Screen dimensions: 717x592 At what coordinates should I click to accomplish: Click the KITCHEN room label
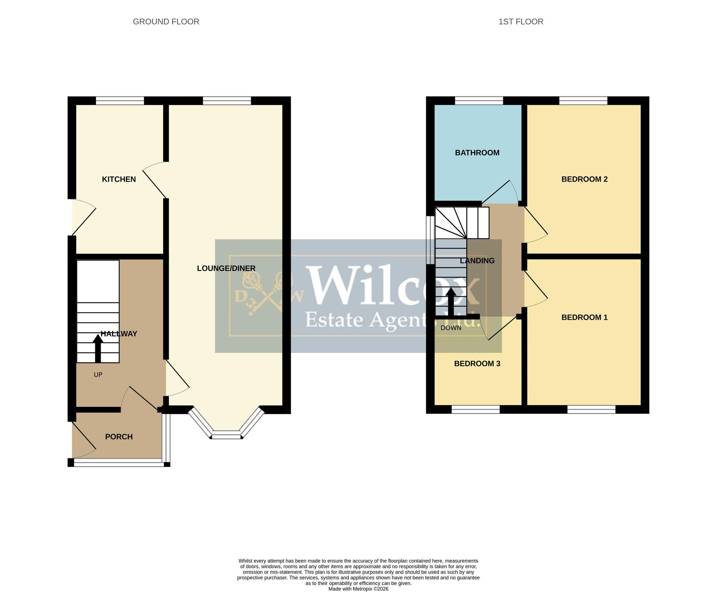pyautogui.click(x=119, y=179)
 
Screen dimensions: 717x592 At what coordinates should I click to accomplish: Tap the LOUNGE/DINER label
pyautogui.click(x=226, y=268)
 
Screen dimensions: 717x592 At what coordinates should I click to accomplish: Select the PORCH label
pyautogui.click(x=119, y=437)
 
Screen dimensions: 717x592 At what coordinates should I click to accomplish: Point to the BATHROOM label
pyautogui.click(x=477, y=153)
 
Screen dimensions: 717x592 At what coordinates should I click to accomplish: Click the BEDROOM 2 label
pyautogui.click(x=584, y=179)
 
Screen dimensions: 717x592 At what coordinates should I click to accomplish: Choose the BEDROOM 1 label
pyautogui.click(x=584, y=318)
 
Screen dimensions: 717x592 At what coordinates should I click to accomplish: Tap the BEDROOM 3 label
pyautogui.click(x=477, y=364)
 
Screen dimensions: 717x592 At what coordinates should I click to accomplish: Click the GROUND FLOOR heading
pyautogui.click(x=166, y=22)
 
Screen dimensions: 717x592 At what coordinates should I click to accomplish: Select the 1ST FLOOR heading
pyautogui.click(x=521, y=22)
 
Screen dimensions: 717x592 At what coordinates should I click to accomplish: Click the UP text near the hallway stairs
pyautogui.click(x=98, y=375)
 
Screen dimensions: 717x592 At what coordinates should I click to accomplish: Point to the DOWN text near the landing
pyautogui.click(x=451, y=328)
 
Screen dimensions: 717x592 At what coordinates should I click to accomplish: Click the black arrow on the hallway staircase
pyautogui.click(x=98, y=348)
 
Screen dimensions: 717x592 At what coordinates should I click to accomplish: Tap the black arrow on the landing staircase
pyautogui.click(x=451, y=301)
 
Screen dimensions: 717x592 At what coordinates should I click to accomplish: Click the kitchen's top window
pyautogui.click(x=120, y=101)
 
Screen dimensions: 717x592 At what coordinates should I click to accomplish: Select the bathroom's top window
pyautogui.click(x=479, y=101)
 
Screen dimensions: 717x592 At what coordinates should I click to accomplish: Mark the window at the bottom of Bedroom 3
pyautogui.click(x=475, y=409)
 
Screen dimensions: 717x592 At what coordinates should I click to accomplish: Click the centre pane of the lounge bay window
pyautogui.click(x=226, y=435)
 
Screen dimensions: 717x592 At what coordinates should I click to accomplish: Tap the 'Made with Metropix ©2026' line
pyautogui.click(x=358, y=589)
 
